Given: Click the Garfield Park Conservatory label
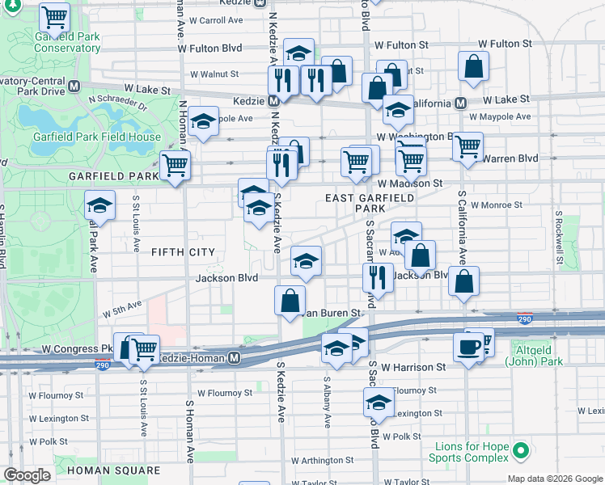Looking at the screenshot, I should pyautogui.click(x=66, y=43).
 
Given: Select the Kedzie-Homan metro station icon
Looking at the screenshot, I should pyautogui.click(x=235, y=357).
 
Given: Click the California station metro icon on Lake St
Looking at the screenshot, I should pyautogui.click(x=459, y=103).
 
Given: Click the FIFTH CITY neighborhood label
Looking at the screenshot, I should pyautogui.click(x=184, y=253).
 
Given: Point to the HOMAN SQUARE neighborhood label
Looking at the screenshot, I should pyautogui.click(x=113, y=470).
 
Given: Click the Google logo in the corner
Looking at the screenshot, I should pyautogui.click(x=27, y=475).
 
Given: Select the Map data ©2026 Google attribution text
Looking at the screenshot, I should pyautogui.click(x=555, y=479).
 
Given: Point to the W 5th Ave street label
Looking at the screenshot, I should pyautogui.click(x=121, y=310).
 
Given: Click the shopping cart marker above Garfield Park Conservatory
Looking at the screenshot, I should pyautogui.click(x=54, y=16).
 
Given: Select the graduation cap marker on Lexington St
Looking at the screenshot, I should pyautogui.click(x=378, y=402).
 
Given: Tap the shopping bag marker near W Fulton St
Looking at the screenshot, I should pyautogui.click(x=473, y=67).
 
